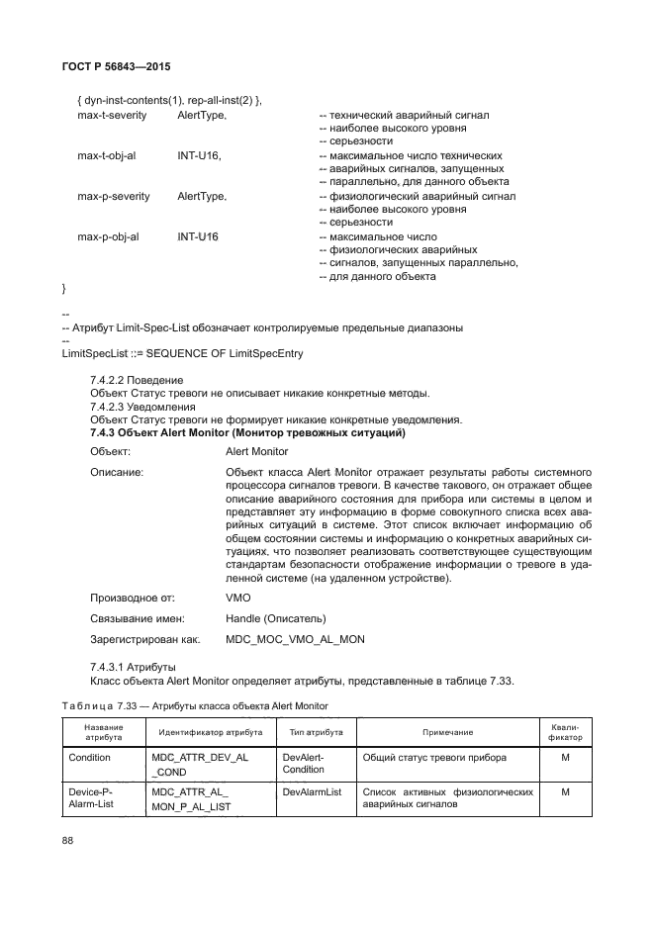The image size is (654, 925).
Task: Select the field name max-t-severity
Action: pos(111,116)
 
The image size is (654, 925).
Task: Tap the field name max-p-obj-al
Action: pos(108,237)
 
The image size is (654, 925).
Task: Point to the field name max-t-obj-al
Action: pos(107,156)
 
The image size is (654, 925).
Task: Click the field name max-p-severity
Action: pos(113,197)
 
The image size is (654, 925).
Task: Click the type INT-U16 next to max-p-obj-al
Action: pos(198,237)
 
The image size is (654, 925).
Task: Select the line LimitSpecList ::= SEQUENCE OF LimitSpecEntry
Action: pos(182,353)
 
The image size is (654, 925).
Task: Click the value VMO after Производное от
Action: pos(238,599)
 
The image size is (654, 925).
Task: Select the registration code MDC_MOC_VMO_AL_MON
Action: pos(295,639)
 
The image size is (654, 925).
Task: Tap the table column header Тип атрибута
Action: pos(315,732)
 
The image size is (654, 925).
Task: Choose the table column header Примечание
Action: pos(447,732)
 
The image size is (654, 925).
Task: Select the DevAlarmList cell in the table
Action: pos(312,792)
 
